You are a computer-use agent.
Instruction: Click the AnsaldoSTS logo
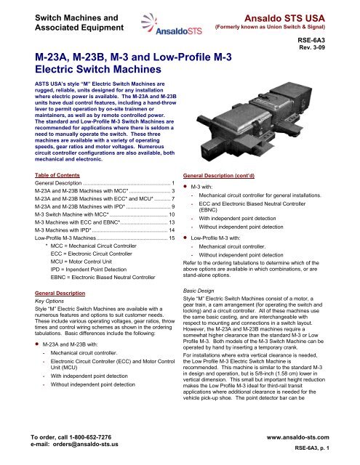(x=171, y=25)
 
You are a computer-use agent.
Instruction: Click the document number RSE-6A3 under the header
(x=311, y=40)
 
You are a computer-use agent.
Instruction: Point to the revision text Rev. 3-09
(x=312, y=47)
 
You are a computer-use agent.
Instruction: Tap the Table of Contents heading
(x=57, y=175)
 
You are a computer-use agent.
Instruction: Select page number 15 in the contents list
(x=172, y=238)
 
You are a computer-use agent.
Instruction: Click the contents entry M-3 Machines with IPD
(x=63, y=230)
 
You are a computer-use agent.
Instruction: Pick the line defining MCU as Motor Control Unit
(x=81, y=262)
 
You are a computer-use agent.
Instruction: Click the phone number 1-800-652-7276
(x=90, y=437)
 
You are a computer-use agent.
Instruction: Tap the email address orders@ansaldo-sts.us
(x=86, y=444)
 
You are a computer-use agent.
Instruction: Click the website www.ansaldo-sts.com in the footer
(x=297, y=437)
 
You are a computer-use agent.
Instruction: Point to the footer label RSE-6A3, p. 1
(x=312, y=448)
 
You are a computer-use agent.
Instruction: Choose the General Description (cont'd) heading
(x=219, y=176)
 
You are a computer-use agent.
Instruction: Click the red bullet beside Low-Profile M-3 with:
(x=185, y=238)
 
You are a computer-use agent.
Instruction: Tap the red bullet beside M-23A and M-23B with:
(x=37, y=344)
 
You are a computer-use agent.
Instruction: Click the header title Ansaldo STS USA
(x=284, y=18)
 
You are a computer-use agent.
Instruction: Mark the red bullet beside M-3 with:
(x=185, y=187)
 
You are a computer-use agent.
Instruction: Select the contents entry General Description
(x=58, y=183)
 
